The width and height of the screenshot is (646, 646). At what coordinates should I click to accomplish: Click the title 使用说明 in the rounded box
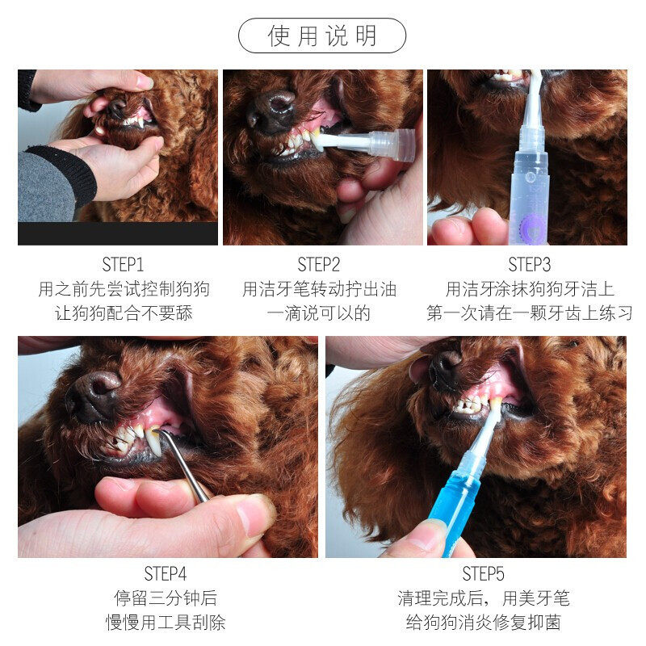(322, 36)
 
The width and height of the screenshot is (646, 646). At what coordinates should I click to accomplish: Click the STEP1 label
(123, 265)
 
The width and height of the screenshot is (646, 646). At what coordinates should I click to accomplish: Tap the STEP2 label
(318, 265)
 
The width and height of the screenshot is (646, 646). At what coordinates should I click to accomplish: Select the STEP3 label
(529, 265)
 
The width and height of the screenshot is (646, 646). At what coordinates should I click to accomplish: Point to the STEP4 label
(166, 573)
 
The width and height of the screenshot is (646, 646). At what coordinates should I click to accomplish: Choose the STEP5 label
(483, 573)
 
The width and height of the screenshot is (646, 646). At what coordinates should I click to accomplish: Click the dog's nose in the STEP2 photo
(271, 111)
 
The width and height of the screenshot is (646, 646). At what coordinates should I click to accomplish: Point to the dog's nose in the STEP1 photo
(117, 108)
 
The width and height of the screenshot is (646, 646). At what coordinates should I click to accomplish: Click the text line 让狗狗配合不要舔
(124, 313)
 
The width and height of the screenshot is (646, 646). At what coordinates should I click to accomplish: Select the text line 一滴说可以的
(318, 313)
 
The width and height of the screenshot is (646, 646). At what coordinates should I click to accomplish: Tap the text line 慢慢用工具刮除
(166, 622)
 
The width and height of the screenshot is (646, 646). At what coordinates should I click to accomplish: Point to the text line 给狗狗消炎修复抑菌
(483, 622)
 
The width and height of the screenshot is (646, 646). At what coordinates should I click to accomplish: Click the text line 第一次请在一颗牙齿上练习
(529, 313)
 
